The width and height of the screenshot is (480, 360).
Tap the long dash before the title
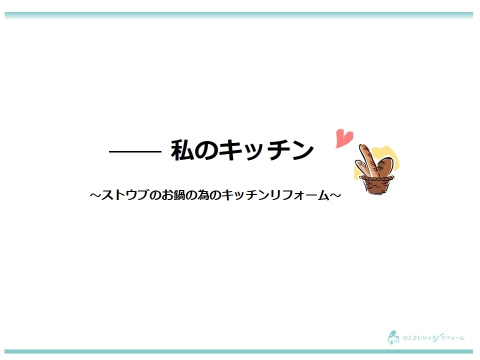(135, 151)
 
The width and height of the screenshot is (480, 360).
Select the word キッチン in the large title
(267, 150)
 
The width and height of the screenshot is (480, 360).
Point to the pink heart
(344, 138)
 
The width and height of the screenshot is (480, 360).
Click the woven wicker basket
(376, 184)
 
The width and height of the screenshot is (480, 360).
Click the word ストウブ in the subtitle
(125, 195)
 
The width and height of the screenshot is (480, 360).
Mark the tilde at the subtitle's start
(95, 195)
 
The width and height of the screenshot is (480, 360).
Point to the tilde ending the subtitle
(335, 195)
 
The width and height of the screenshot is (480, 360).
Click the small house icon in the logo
(393, 337)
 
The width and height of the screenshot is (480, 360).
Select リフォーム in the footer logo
(452, 338)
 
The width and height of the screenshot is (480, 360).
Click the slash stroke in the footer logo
(439, 337)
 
